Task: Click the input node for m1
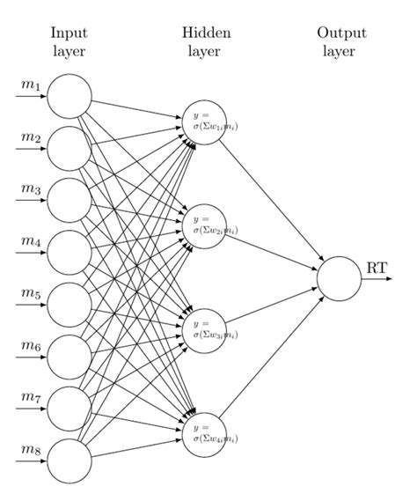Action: (x=69, y=96)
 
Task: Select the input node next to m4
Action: (x=69, y=253)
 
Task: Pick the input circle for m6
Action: (x=69, y=357)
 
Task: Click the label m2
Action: (x=32, y=138)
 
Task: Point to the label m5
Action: (x=32, y=295)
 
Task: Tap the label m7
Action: (x=32, y=399)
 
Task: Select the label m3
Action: (x=32, y=190)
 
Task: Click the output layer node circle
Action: (x=339, y=278)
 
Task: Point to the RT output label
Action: (x=377, y=267)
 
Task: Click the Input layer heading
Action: (x=69, y=41)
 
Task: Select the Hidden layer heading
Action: (x=206, y=41)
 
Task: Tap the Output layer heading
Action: (x=341, y=41)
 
